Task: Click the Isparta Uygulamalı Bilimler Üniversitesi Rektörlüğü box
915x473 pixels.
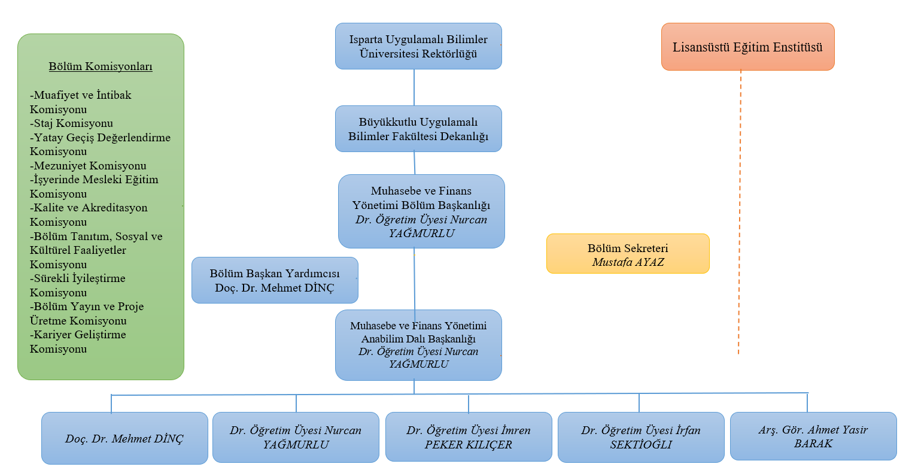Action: pos(418,46)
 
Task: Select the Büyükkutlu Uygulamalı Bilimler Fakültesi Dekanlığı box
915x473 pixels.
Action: pos(418,129)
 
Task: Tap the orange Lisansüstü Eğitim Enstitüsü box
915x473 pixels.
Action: pos(747,47)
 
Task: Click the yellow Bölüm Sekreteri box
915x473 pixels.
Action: pos(628,253)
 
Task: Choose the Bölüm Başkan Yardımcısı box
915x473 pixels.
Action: pos(275,280)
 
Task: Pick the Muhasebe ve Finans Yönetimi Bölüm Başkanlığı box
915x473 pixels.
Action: pos(421,211)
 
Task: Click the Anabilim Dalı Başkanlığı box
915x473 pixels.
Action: pos(418,345)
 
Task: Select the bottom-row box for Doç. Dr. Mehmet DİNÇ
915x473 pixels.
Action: pos(124,438)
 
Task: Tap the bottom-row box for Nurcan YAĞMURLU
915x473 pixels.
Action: pos(296,437)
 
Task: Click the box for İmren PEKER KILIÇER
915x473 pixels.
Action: pos(469,436)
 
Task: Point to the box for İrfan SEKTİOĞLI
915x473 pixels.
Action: pos(641,437)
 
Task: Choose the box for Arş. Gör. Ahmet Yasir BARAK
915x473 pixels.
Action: pos(813,436)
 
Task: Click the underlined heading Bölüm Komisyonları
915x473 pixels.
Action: pos(101,66)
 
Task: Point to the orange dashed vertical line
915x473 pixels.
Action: pos(740,212)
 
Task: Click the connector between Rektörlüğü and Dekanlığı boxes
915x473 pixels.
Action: pos(414,87)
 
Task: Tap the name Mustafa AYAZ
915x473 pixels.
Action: pos(628,262)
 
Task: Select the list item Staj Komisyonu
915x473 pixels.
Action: pos(71,123)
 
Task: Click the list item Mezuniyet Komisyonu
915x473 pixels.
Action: pos(88,166)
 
